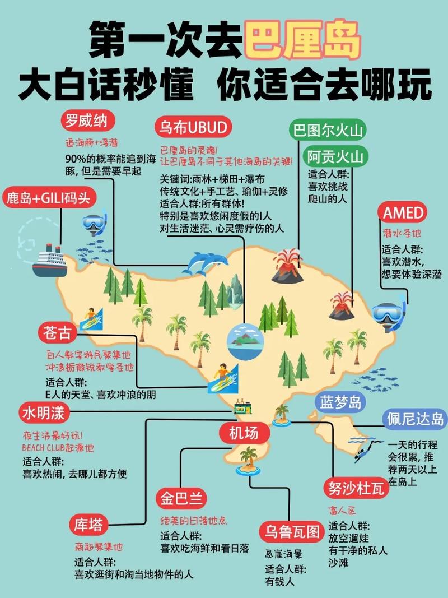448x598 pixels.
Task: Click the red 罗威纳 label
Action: [x=86, y=120]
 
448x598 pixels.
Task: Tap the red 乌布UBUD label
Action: [x=192, y=128]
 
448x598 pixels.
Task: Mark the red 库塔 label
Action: [x=88, y=525]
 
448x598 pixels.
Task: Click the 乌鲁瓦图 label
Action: [x=292, y=531]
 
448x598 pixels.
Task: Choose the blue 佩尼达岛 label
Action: [x=415, y=419]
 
